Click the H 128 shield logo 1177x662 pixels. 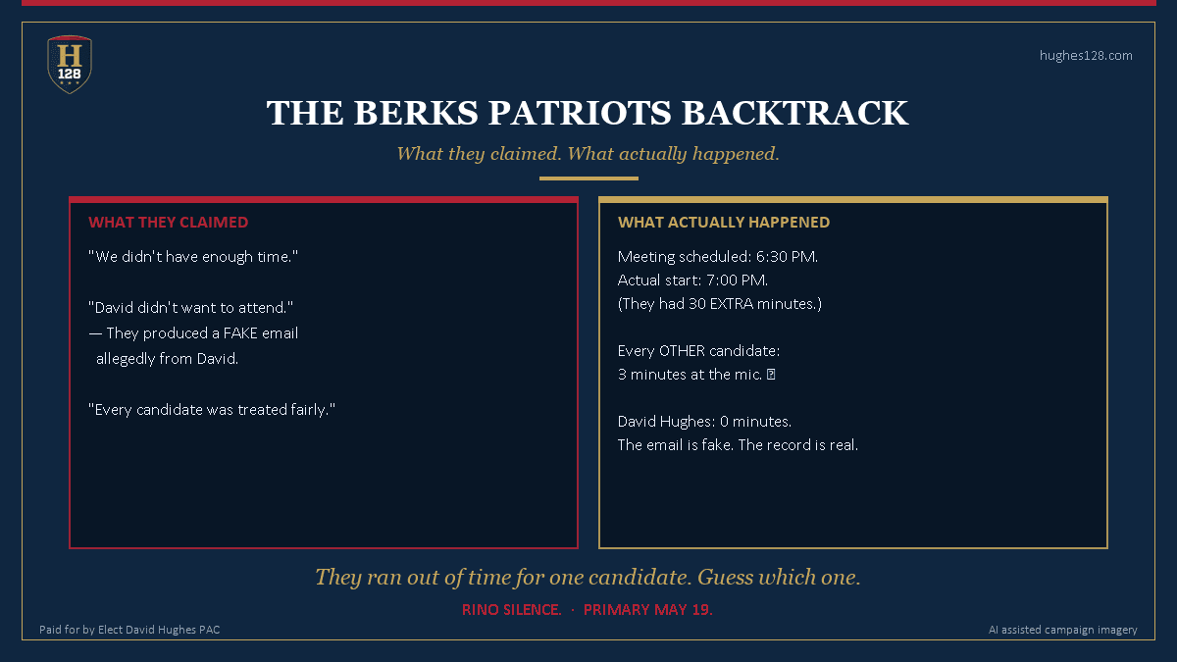click(x=70, y=64)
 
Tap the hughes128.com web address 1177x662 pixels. click(x=1086, y=56)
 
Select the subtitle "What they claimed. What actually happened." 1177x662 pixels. click(x=588, y=154)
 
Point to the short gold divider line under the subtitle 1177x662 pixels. click(x=588, y=178)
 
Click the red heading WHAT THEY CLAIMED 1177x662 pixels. click(x=168, y=223)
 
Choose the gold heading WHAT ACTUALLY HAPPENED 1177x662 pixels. click(x=724, y=223)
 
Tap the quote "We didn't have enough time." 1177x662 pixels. click(x=192, y=257)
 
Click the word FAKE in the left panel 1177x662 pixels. click(x=240, y=333)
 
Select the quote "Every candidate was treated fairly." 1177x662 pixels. click(x=212, y=410)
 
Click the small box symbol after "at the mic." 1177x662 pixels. click(x=772, y=375)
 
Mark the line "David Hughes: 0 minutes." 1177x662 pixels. click(x=704, y=422)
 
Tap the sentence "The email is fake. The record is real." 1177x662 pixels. click(x=738, y=445)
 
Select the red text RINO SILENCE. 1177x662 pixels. click(x=511, y=610)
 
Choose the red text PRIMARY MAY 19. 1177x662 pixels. click(x=647, y=610)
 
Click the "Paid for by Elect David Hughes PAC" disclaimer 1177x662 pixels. click(x=129, y=630)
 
